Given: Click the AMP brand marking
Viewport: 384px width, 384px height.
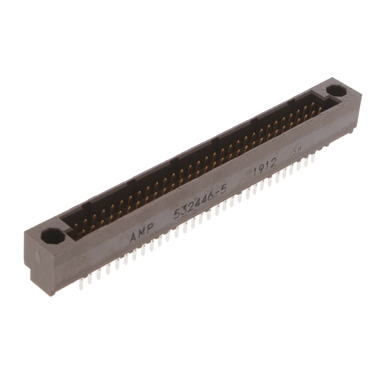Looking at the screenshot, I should click(142, 234).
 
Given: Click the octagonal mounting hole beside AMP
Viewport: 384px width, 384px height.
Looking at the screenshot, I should click(53, 235).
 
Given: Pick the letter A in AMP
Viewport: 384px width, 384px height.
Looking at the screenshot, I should click(133, 238).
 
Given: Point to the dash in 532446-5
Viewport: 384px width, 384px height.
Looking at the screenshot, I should click(217, 196).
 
